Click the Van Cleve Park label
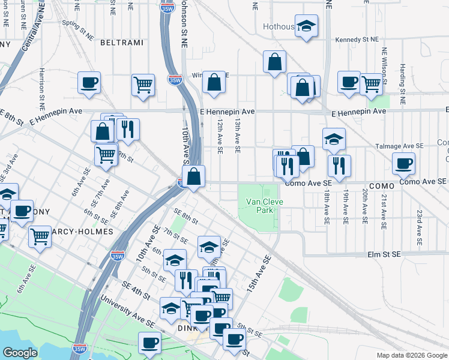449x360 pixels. coord(260,206)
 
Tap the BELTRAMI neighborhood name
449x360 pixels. coord(121,43)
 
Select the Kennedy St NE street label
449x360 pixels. coord(358,39)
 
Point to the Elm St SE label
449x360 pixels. coord(384,254)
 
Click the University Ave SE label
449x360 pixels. coord(127,312)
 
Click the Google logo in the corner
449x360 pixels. coord(20,353)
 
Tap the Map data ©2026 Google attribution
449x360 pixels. coord(411,355)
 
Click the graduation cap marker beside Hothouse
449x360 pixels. coord(307,26)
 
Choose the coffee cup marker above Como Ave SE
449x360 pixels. coord(403,163)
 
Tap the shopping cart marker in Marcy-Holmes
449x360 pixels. coord(40,236)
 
